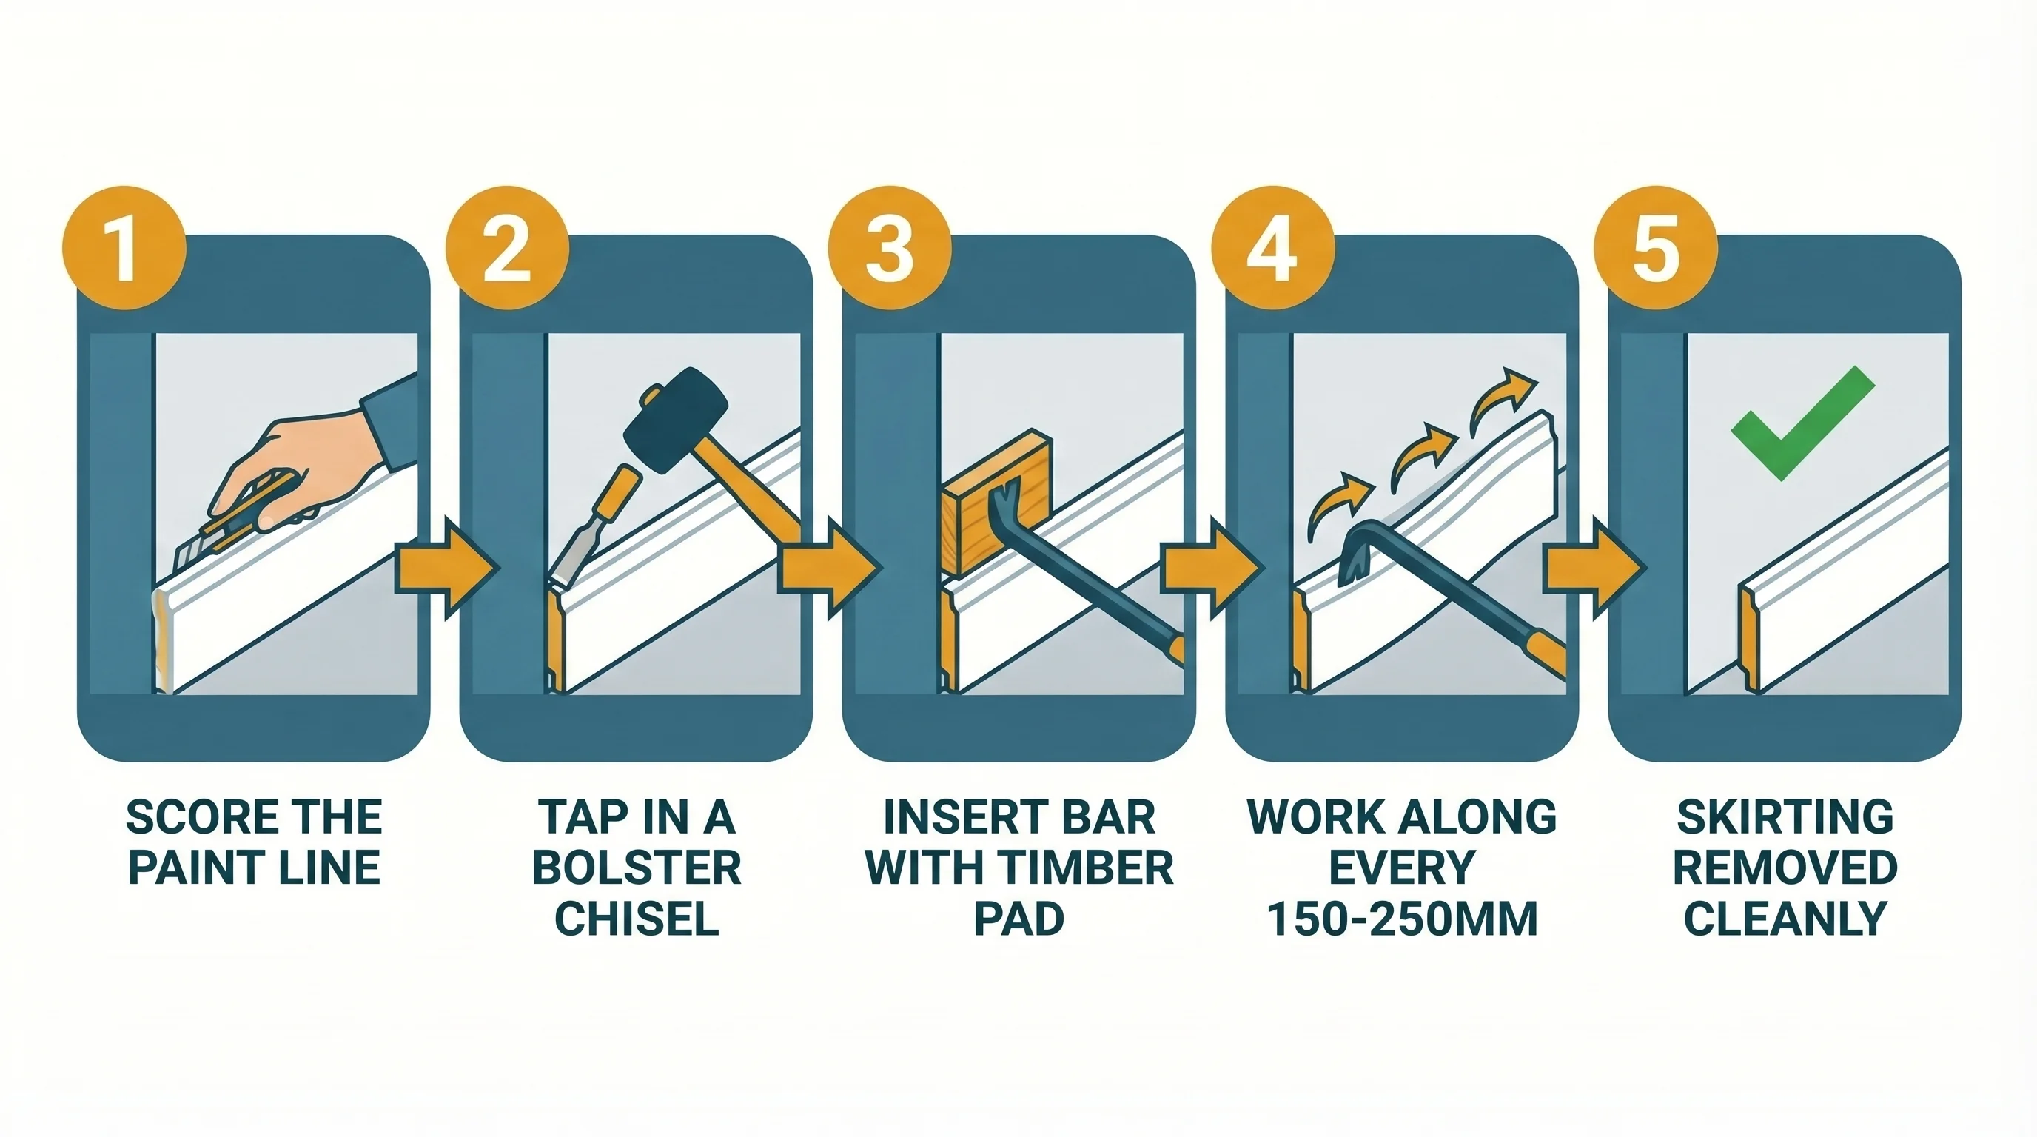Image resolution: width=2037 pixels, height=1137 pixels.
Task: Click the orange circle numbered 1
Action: coord(124,248)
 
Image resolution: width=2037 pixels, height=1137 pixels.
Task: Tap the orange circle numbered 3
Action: coord(890,248)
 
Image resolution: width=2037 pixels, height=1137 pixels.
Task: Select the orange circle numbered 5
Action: coord(1655,248)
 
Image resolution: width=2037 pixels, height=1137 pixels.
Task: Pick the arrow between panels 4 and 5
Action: coord(1594,568)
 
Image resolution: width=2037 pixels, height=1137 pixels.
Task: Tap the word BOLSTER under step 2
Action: coord(637,868)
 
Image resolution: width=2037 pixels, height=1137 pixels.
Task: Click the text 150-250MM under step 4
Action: coord(1402,919)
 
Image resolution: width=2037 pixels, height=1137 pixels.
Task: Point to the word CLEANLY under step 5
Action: coord(1785,919)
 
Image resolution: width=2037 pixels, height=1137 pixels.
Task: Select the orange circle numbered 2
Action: coord(507,248)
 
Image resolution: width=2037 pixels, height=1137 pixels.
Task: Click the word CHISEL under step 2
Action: coord(637,919)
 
